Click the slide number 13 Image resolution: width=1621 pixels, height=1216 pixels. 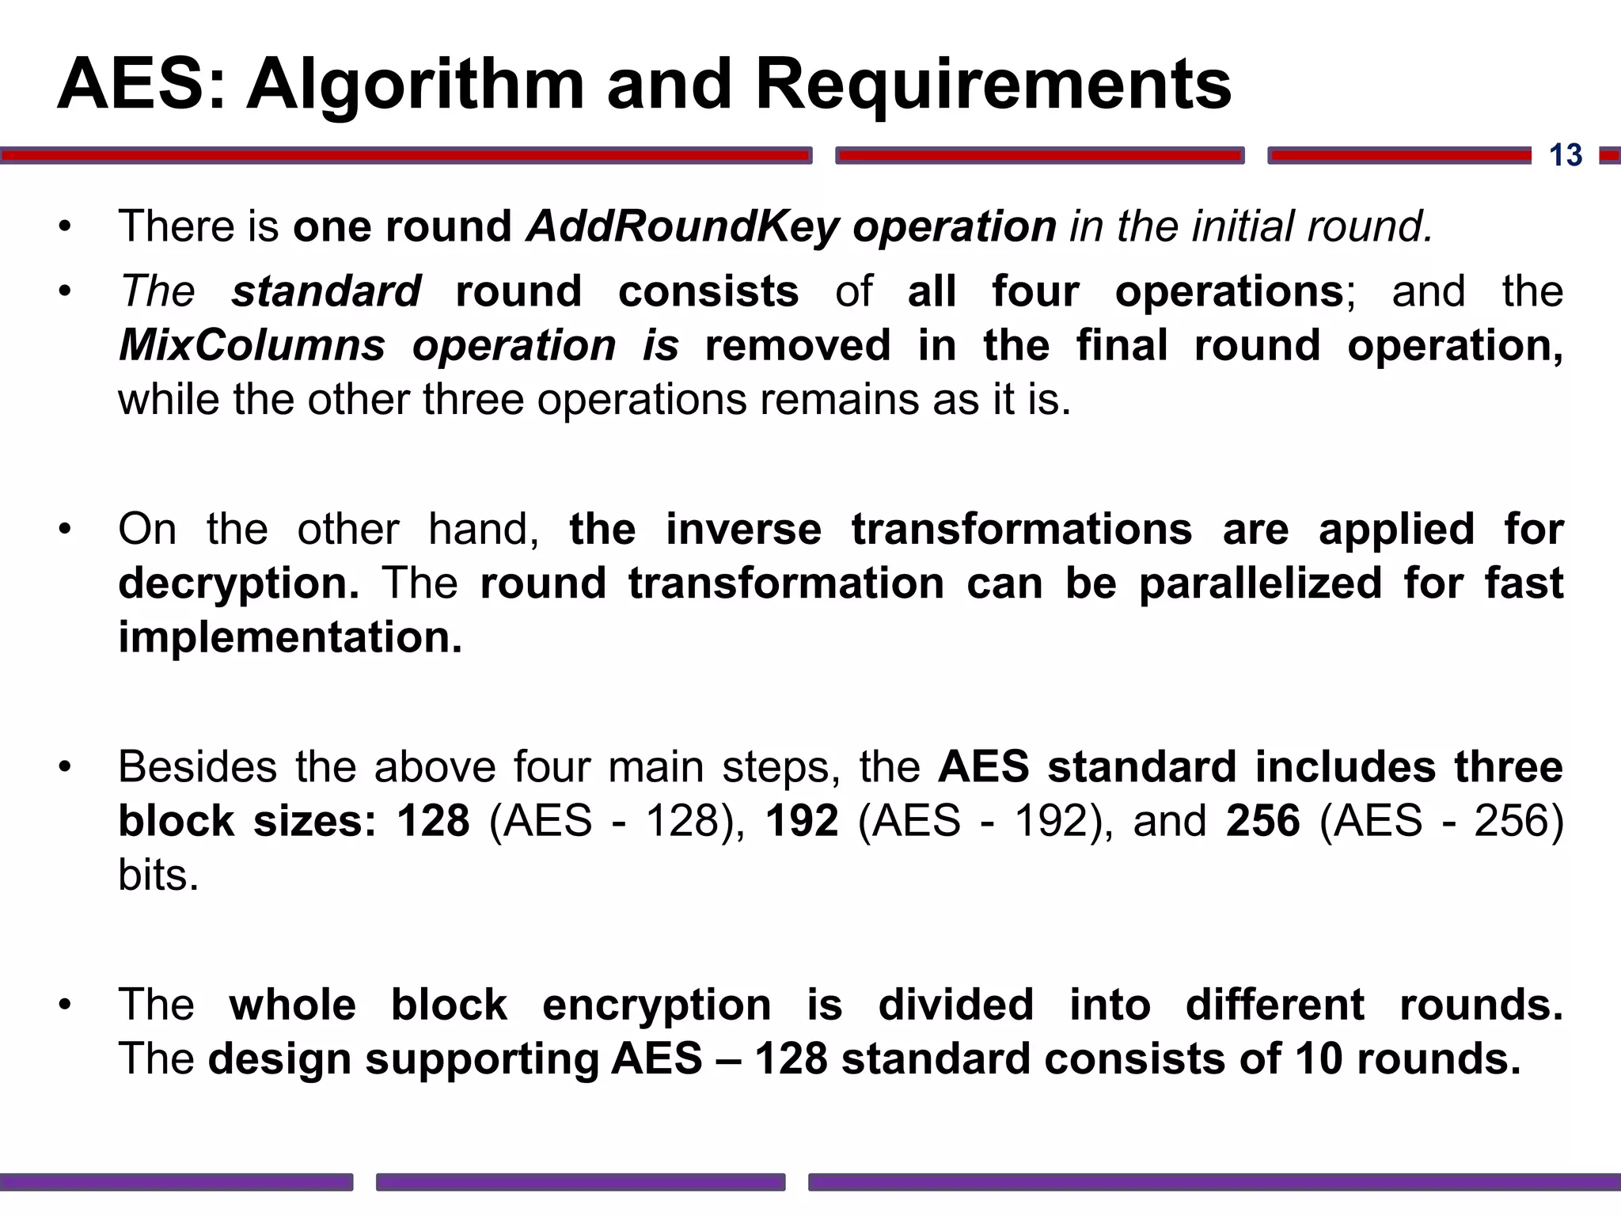pyautogui.click(x=1565, y=155)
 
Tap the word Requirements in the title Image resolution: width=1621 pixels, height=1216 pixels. pyautogui.click(x=993, y=85)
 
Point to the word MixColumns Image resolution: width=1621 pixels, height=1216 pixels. pyautogui.click(x=252, y=346)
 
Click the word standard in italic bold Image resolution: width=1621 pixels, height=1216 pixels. pyautogui.click(x=326, y=291)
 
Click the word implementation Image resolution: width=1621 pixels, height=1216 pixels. pyautogui.click(x=290, y=637)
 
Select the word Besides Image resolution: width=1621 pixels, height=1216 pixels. pyautogui.click(x=198, y=767)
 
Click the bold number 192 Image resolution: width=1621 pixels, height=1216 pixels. pyautogui.click(x=801, y=821)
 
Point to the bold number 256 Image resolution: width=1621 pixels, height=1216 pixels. pyautogui.click(x=1262, y=821)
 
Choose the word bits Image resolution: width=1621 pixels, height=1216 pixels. pyautogui.click(x=158, y=875)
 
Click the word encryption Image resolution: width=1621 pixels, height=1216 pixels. pyautogui.click(x=656, y=1005)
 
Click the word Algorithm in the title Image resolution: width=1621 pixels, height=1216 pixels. pyautogui.click(x=415, y=85)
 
